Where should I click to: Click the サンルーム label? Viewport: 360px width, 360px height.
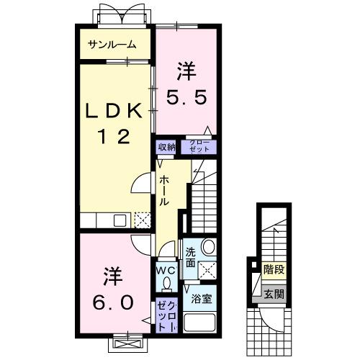[112, 45]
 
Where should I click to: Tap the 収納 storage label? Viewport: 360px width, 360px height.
[166, 147]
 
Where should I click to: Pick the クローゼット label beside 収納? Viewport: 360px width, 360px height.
[199, 146]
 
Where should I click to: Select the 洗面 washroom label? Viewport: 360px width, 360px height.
[190, 257]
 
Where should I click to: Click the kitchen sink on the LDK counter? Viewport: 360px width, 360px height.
[120, 220]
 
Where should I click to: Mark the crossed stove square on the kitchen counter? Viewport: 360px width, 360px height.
[142, 220]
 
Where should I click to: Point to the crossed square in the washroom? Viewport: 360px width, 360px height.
[210, 270]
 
